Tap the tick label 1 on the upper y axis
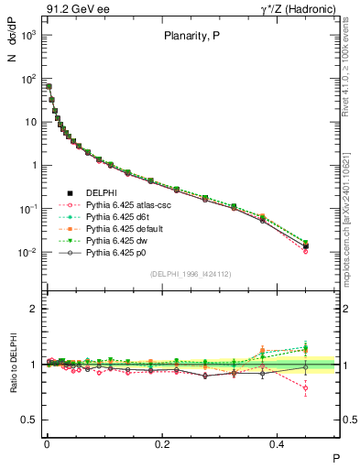click(33, 166)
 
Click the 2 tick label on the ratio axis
click(34, 309)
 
